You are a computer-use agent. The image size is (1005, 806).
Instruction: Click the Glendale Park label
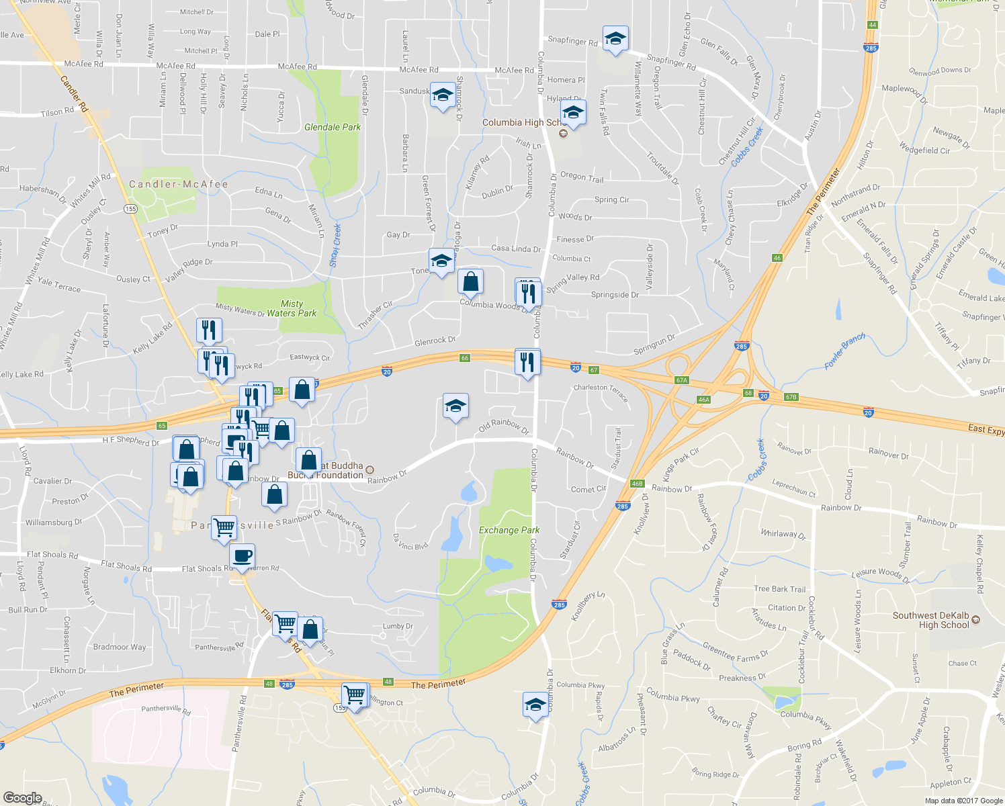[333, 127]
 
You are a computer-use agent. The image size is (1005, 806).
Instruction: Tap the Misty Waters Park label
[292, 308]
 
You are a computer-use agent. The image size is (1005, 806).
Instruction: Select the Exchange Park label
[509, 530]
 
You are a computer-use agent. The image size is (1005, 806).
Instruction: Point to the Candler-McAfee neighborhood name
[179, 184]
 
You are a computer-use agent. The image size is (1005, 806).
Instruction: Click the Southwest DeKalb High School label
[930, 620]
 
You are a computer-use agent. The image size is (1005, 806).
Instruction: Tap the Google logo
[22, 797]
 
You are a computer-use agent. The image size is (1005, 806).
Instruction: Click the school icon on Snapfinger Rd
[615, 39]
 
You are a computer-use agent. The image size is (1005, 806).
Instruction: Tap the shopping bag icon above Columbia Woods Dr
[471, 281]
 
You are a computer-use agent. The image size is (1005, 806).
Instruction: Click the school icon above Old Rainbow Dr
[455, 406]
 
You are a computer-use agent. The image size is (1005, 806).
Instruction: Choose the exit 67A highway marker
[682, 380]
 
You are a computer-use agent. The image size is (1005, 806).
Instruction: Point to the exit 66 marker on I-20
[464, 358]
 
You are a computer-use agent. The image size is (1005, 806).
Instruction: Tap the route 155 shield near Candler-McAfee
[130, 209]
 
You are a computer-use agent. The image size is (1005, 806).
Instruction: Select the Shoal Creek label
[336, 245]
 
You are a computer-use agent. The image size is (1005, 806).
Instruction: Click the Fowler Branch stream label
[844, 351]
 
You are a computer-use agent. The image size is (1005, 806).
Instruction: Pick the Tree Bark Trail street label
[779, 589]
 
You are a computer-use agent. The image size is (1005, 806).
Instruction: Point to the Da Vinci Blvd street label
[410, 541]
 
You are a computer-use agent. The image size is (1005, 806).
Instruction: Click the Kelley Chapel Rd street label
[979, 563]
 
